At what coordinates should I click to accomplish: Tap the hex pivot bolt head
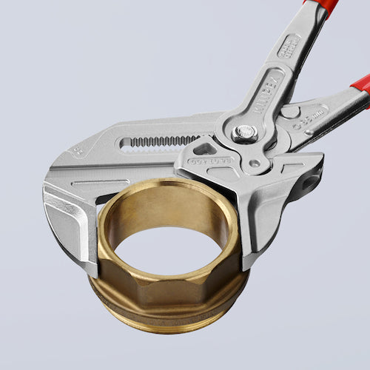[x=245, y=133]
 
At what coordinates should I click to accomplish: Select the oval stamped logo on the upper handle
[x=289, y=46]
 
